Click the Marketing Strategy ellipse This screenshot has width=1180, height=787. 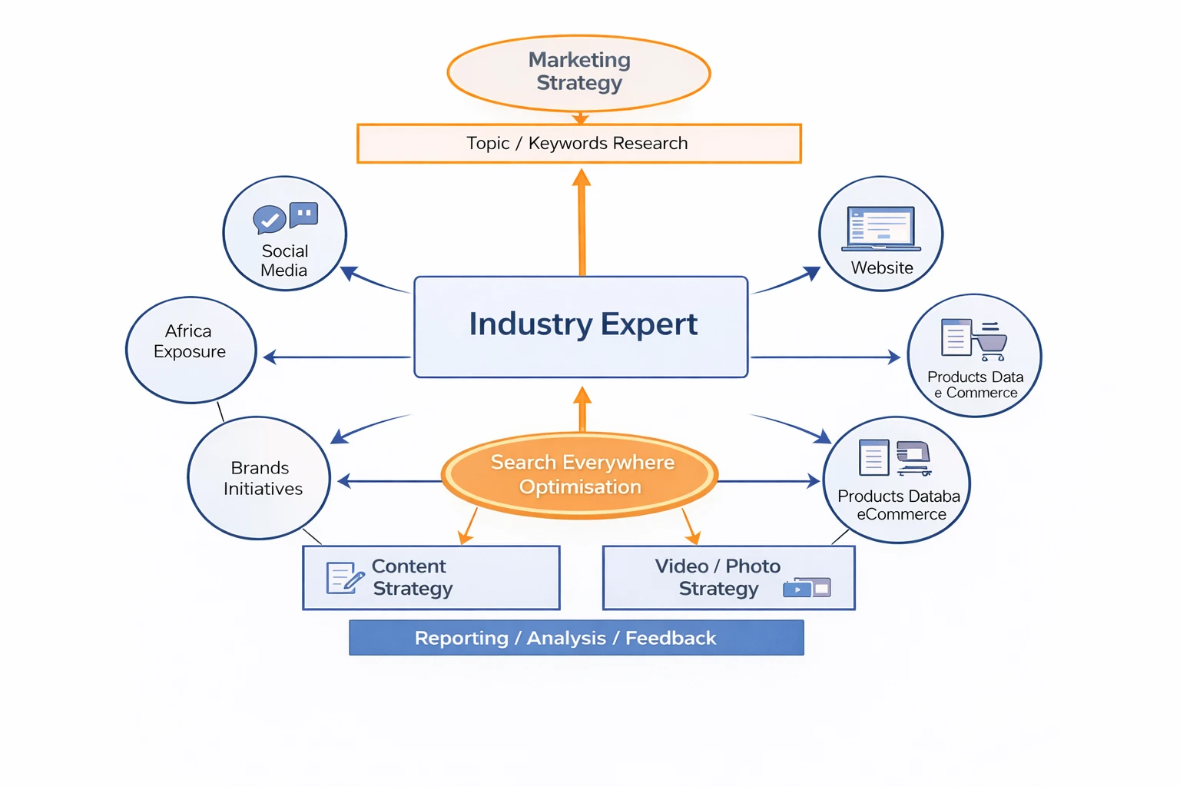tap(578, 73)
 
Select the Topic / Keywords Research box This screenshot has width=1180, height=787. tap(578, 144)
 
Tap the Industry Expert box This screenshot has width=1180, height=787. tap(581, 327)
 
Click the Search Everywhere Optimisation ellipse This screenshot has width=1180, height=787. tap(580, 475)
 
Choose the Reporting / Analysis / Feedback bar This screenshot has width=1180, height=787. tap(576, 638)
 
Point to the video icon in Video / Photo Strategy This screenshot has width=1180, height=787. tap(797, 589)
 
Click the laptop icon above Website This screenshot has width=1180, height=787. tap(881, 228)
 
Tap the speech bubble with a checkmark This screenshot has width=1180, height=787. tap(269, 220)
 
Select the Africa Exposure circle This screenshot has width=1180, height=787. tap(191, 350)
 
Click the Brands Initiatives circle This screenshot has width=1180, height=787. tap(259, 478)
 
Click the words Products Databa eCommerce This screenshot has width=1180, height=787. tap(900, 505)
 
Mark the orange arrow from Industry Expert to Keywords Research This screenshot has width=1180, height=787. tap(582, 223)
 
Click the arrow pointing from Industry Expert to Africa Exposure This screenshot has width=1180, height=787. tap(338, 357)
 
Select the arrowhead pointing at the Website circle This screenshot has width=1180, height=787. tap(812, 273)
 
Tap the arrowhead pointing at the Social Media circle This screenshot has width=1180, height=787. tap(349, 273)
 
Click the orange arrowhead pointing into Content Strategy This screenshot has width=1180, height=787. tap(465, 538)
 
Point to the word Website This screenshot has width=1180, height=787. tap(882, 268)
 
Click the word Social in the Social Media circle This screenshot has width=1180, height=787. tap(285, 251)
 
